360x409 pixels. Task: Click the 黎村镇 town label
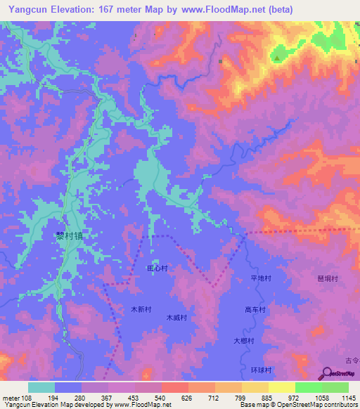pos(70,238)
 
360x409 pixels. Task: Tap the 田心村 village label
pos(157,268)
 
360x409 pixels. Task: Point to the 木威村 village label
pos(176,318)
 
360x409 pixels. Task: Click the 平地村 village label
pos(261,279)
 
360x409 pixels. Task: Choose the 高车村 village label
pos(255,309)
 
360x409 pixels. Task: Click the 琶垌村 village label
pos(328,279)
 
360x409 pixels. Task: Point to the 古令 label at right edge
pos(352,360)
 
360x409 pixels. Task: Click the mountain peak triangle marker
pos(277,58)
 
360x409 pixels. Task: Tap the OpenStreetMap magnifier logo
pos(326,373)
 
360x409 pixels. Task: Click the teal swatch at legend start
pos(41,387)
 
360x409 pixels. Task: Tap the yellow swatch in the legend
pos(281,387)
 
